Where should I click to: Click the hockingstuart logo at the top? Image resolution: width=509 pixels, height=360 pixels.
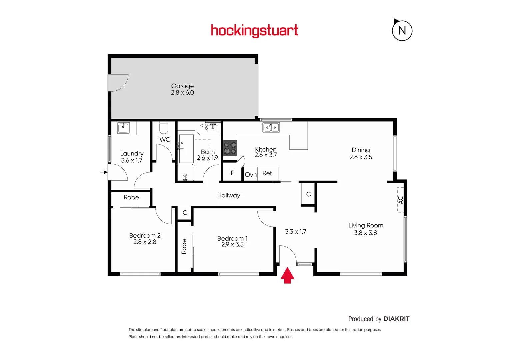point(254,31)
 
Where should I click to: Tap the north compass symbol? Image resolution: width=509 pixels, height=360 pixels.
point(402,31)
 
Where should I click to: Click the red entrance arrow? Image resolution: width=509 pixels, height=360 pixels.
point(287,276)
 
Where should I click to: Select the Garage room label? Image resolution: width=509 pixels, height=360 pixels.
point(182,86)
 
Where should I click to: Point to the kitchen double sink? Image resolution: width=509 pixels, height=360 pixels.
point(271,127)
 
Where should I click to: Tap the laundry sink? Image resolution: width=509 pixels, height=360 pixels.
point(123,127)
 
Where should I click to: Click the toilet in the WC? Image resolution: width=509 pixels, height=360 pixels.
point(164,127)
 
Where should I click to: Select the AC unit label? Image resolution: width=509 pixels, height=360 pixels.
point(401,200)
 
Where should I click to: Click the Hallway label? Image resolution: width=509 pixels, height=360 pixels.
point(229,195)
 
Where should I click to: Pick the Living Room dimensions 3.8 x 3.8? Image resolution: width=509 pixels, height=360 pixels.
point(365,233)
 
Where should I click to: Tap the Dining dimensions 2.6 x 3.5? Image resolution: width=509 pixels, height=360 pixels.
point(361,157)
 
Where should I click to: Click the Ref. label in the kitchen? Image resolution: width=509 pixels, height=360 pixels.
point(268,173)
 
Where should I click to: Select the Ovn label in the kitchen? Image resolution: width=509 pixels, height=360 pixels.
point(251,175)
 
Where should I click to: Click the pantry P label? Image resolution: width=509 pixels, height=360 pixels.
point(233,173)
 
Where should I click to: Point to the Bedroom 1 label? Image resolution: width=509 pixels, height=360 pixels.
point(232,238)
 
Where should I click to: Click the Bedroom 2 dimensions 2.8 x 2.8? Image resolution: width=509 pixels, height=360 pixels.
point(145,242)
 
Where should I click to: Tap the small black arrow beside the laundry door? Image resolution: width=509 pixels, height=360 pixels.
point(104,172)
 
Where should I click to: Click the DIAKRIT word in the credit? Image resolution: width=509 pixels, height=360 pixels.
point(396,319)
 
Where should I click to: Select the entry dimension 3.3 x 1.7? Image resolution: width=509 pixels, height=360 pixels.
point(295,232)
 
